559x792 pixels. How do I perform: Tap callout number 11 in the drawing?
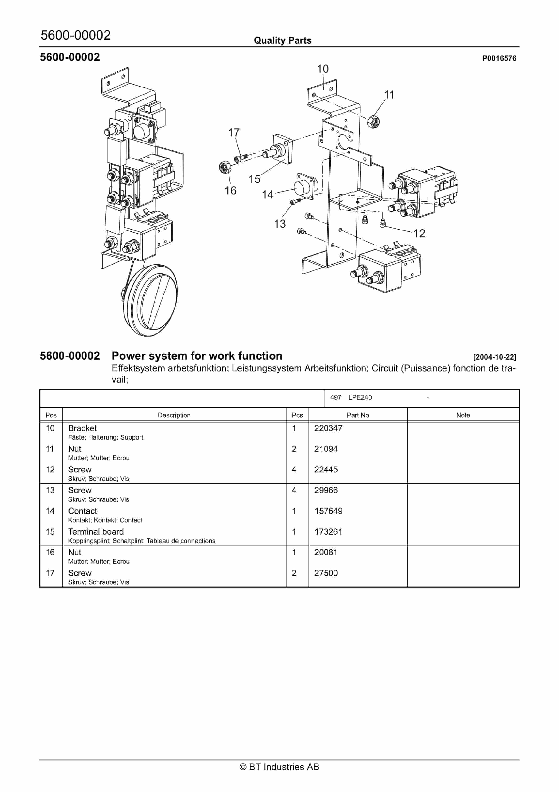click(389, 95)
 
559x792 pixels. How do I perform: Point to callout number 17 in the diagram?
click(234, 133)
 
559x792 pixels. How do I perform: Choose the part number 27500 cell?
click(326, 573)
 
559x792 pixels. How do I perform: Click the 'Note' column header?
click(463, 415)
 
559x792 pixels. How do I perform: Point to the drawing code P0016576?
click(499, 58)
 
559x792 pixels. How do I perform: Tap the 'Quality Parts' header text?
click(283, 40)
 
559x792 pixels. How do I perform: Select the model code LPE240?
click(360, 397)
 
